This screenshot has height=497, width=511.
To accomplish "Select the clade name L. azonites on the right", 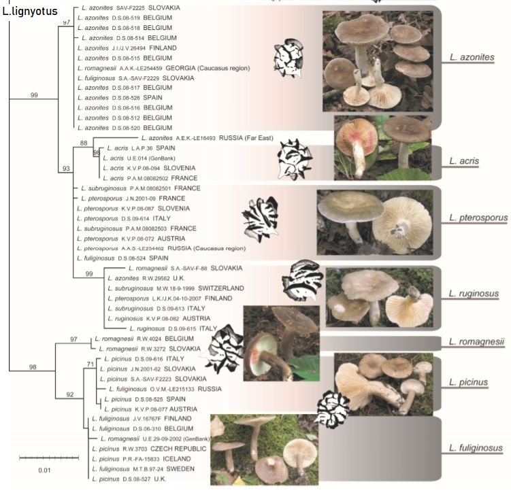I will tap(472, 58).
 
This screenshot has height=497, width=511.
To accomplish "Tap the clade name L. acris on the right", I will tap(465, 162).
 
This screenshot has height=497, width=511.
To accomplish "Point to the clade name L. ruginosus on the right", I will tap(474, 294).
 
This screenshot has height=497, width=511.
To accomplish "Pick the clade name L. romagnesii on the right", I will tap(476, 342).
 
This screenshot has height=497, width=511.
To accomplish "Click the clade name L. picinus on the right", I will tap(469, 383).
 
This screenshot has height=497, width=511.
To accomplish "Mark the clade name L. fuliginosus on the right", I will tap(476, 448).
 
